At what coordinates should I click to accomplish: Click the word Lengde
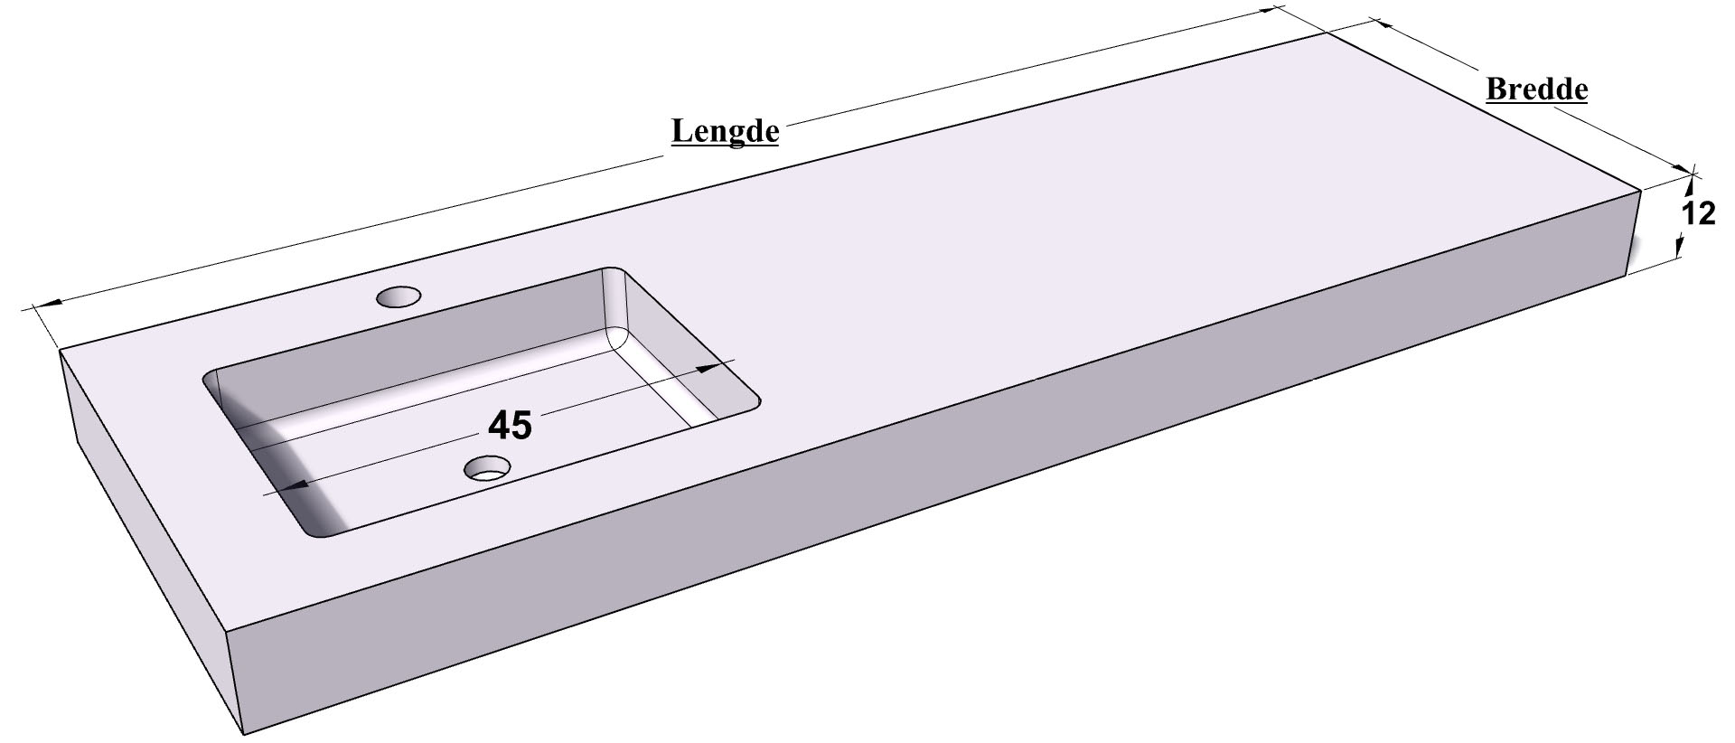(725, 132)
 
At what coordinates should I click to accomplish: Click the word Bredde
(1537, 90)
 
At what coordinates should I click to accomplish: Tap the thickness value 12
(1698, 214)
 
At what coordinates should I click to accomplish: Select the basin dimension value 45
(510, 426)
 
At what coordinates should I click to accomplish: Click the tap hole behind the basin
(399, 296)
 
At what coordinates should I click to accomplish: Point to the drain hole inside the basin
(488, 467)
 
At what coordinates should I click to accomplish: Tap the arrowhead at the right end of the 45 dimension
(718, 367)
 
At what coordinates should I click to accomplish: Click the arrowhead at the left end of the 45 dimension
(290, 486)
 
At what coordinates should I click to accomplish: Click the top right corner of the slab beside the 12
(1639, 191)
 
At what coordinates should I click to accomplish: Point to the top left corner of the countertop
(61, 351)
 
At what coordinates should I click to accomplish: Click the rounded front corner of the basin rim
(318, 533)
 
